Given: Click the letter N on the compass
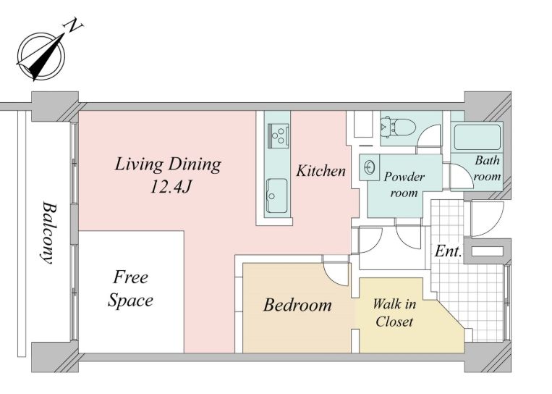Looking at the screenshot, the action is [x=73, y=27].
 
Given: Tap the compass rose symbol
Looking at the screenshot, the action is [x=41, y=56].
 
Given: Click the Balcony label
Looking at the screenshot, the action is [x=48, y=232].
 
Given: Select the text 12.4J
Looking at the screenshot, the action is [x=171, y=186].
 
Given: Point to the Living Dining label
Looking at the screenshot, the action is [x=168, y=164].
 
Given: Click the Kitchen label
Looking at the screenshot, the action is [x=320, y=171].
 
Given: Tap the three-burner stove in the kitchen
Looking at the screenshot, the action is [x=279, y=135].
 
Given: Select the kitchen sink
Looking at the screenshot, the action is [x=277, y=196].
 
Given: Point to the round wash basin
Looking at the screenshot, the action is [x=370, y=167].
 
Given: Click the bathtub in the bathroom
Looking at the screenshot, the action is [x=477, y=137].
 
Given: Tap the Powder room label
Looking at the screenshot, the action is [x=404, y=184].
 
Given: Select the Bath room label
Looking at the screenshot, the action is [x=487, y=168].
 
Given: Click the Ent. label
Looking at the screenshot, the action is [x=448, y=251].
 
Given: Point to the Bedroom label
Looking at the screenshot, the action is [x=297, y=305].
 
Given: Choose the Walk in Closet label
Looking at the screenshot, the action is [x=394, y=313].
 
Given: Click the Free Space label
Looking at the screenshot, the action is [x=131, y=289].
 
